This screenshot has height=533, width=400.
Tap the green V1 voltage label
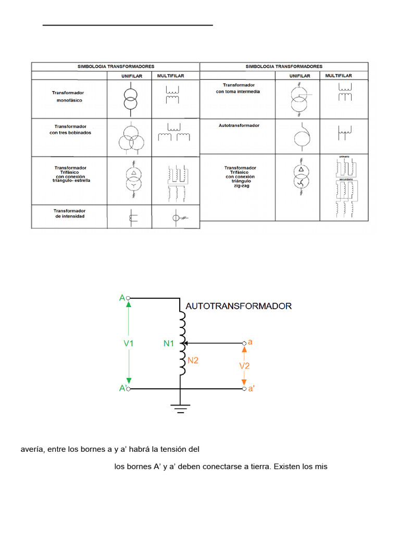129,344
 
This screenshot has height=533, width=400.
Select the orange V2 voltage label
244,366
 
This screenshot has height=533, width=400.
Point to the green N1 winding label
169,344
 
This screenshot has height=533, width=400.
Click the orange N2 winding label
193,360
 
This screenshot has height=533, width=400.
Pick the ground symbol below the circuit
180,408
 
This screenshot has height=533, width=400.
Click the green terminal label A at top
122,298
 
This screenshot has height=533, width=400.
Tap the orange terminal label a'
251,389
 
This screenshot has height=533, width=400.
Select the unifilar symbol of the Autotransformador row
300,137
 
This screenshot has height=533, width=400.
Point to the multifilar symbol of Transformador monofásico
171,95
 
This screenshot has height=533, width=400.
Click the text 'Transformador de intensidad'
69,213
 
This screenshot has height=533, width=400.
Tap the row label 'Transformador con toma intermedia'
238,88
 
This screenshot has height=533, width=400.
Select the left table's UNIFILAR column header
129,76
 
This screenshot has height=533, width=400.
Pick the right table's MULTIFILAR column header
339,76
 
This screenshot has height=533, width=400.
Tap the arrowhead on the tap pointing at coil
186,344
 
